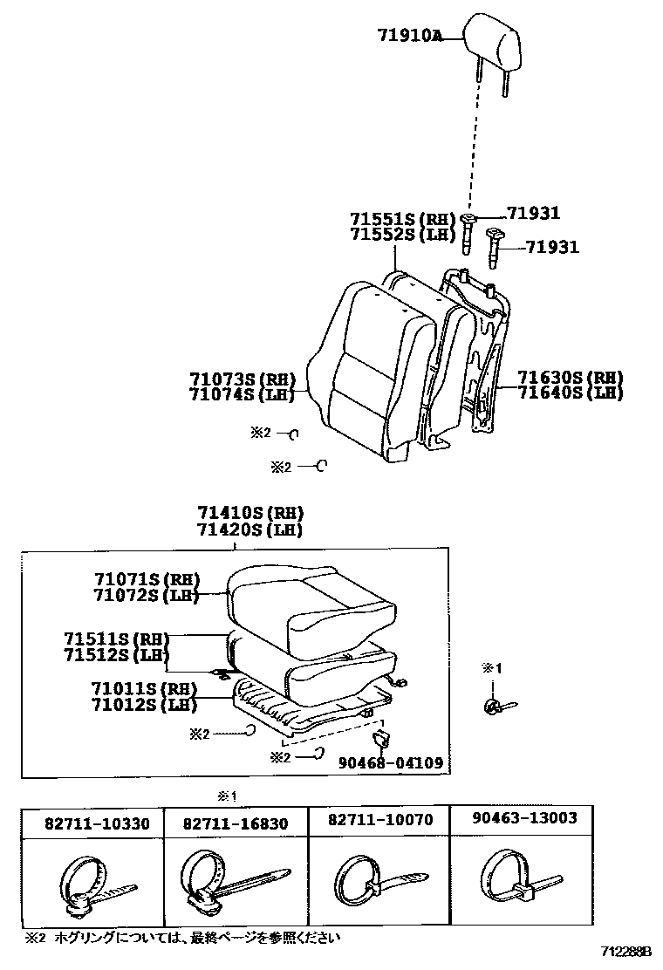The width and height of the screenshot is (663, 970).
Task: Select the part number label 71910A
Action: pyautogui.click(x=410, y=36)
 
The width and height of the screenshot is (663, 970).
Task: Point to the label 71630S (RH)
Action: pyautogui.click(x=570, y=378)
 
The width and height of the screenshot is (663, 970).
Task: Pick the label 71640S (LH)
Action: pyautogui.click(x=570, y=393)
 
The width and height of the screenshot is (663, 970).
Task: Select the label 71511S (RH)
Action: pyautogui.click(x=115, y=639)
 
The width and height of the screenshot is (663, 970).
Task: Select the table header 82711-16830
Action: pyautogui.click(x=236, y=823)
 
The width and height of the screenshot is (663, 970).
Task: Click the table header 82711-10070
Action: pyautogui.click(x=379, y=821)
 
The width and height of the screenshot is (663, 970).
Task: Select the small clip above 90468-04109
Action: pyautogui.click(x=380, y=740)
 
